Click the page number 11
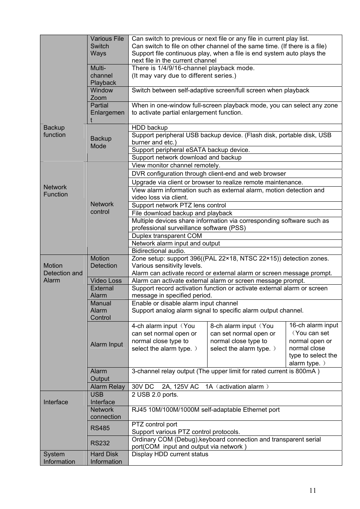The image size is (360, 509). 312,490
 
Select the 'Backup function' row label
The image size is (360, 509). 54,131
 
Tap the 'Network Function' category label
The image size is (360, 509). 55,191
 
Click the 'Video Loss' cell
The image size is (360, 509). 106,281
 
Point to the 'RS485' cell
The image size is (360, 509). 100,428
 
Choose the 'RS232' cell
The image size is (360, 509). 100,443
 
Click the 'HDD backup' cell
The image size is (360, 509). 150,127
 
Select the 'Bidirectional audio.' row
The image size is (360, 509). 158,251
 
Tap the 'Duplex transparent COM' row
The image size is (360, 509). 167,236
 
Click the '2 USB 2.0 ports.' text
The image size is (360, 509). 155,394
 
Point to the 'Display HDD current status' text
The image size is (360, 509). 170,454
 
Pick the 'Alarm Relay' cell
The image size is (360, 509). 108,386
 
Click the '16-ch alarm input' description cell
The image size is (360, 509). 313,344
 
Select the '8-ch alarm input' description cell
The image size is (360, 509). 243,337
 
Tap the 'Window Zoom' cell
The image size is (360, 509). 102,94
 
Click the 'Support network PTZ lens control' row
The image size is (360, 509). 179,205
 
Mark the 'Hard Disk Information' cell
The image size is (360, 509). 106,458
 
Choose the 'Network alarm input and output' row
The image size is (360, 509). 176,243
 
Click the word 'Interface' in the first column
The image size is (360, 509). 56,402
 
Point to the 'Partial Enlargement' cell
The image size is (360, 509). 107,112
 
